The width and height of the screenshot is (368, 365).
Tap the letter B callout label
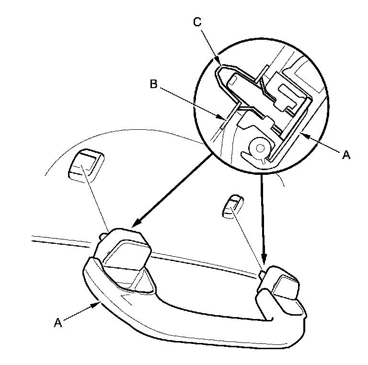click(153, 84)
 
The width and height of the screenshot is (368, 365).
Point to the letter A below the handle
click(58, 323)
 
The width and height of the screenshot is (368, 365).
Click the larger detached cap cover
click(85, 165)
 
